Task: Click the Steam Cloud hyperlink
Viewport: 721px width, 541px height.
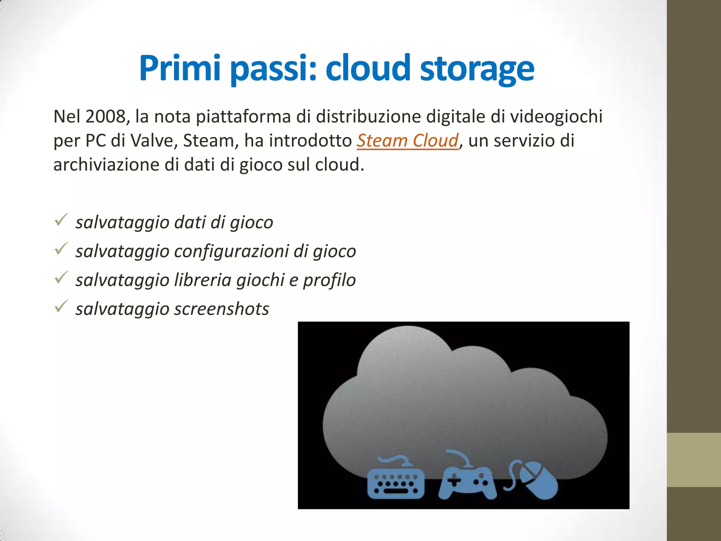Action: (x=408, y=141)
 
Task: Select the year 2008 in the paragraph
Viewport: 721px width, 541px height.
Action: (x=105, y=117)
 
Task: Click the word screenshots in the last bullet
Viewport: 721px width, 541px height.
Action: (x=221, y=309)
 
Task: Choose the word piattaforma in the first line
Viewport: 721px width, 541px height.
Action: (x=243, y=117)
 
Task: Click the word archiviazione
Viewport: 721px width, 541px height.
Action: (x=106, y=164)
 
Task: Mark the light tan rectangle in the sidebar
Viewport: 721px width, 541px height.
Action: (x=694, y=460)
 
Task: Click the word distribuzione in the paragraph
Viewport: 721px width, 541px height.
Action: (x=368, y=117)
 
